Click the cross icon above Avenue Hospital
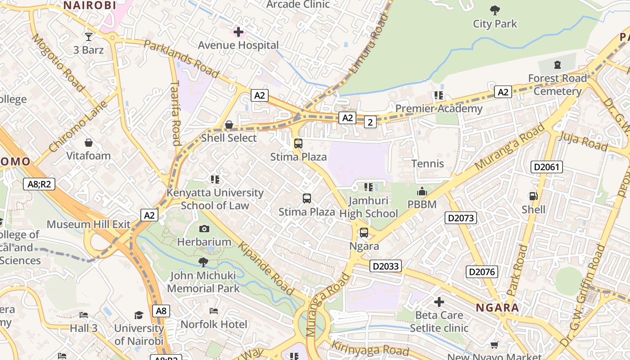tap(238, 32)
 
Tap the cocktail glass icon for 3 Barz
tap(89, 37)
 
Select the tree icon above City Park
tap(495, 10)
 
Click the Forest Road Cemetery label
tap(558, 85)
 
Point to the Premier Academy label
tap(438, 108)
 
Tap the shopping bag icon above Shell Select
tap(229, 124)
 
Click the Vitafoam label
tap(89, 156)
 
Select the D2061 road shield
tap(547, 167)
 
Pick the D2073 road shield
tap(461, 218)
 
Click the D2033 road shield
tap(386, 266)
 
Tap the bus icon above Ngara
tap(364, 233)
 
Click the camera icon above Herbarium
tap(204, 229)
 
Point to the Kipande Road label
tap(266, 269)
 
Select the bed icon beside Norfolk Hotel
tap(214, 311)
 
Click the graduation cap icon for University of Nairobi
tap(139, 315)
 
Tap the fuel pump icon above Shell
tap(533, 196)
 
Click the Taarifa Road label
tap(175, 112)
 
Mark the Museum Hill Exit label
tap(89, 224)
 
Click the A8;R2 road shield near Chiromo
tap(39, 184)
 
